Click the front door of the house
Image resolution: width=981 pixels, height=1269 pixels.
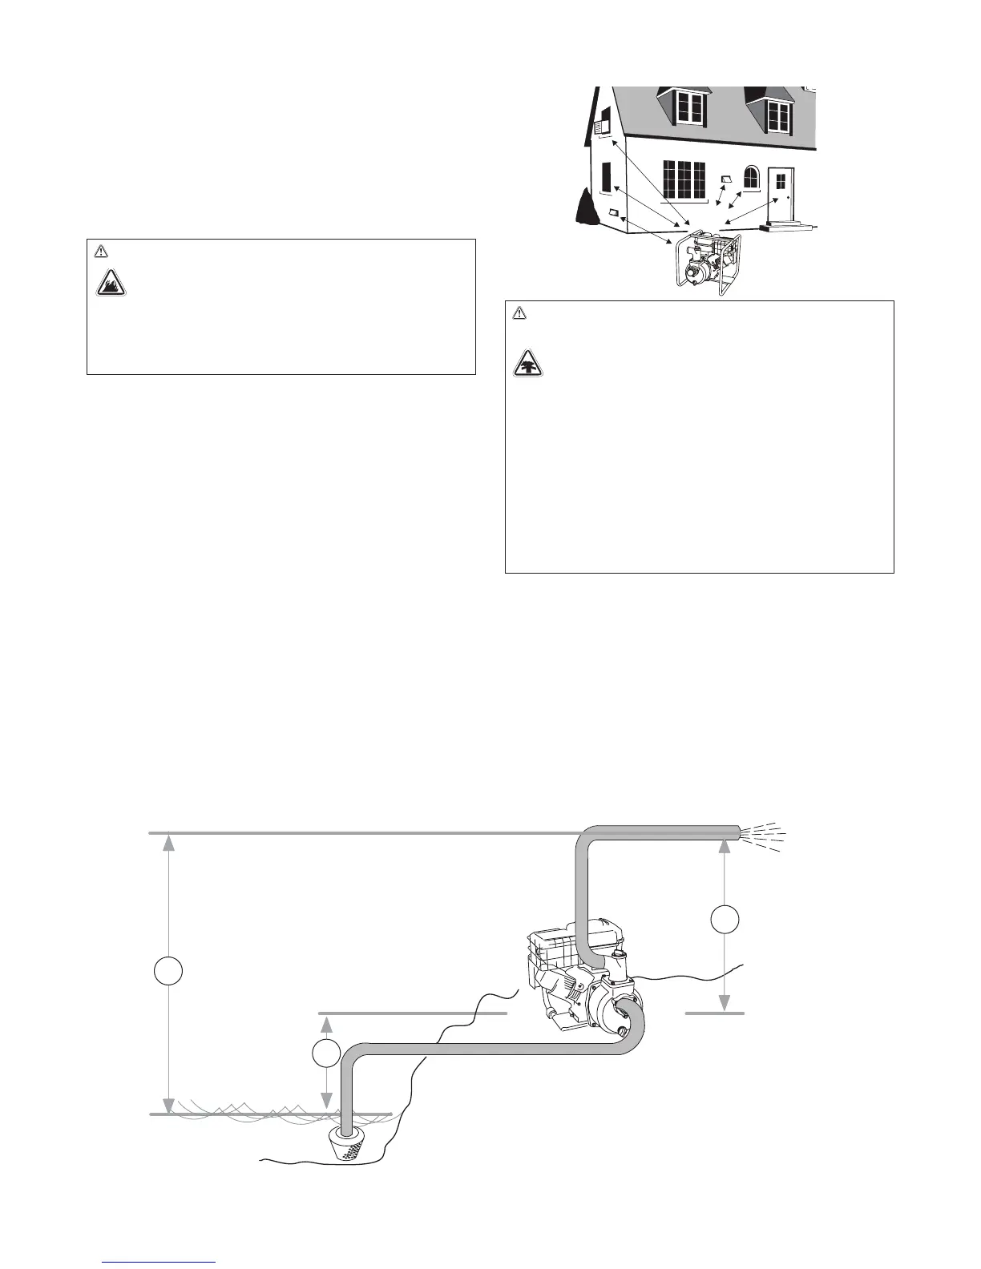(781, 194)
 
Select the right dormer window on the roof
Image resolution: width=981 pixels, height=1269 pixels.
(778, 117)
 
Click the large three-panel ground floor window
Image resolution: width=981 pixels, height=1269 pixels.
(684, 179)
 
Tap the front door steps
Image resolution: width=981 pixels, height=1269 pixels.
(787, 227)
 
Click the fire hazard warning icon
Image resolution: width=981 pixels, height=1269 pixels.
(111, 282)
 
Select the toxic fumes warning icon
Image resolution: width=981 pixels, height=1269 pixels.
(527, 365)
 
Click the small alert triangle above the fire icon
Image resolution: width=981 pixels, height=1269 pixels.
(101, 252)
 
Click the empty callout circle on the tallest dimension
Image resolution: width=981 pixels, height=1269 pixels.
(168, 971)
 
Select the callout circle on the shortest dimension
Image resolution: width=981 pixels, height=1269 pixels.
(325, 1053)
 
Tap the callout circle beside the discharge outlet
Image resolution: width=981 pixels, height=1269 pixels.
(725, 920)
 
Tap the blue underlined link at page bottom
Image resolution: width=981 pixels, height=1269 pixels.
(159, 1262)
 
